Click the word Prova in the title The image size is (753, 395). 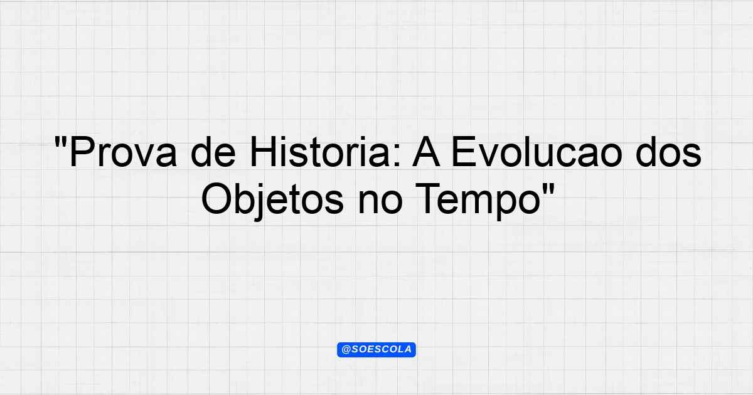(x=124, y=152)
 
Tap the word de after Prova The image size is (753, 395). (x=213, y=151)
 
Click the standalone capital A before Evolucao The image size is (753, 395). (x=426, y=151)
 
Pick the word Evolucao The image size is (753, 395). (x=536, y=151)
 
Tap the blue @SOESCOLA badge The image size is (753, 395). (x=376, y=350)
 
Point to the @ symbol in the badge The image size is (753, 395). (x=346, y=350)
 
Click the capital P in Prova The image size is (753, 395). (x=82, y=151)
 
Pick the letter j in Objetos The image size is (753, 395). (x=260, y=202)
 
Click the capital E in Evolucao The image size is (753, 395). (x=464, y=151)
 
